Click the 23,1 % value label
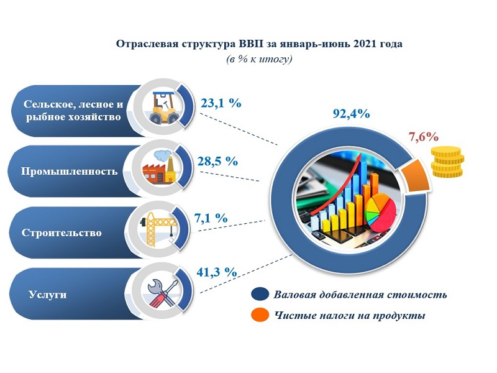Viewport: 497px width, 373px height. (x=221, y=103)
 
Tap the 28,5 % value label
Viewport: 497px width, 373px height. (x=217, y=161)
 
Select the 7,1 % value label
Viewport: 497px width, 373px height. (x=211, y=218)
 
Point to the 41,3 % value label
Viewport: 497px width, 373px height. (x=217, y=272)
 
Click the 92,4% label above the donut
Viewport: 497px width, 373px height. (x=351, y=114)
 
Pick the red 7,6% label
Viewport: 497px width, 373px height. (x=424, y=137)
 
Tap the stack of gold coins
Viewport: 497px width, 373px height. (x=447, y=162)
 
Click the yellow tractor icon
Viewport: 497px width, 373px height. (x=164, y=108)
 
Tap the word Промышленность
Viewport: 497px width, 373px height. (x=69, y=172)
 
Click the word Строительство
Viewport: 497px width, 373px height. (x=62, y=233)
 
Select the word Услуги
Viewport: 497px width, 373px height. (x=48, y=294)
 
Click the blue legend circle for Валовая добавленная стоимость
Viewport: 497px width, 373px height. (x=260, y=294)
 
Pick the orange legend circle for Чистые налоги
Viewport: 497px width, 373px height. (x=260, y=315)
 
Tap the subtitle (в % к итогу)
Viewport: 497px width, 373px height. (x=259, y=59)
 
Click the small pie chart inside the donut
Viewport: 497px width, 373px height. (x=380, y=212)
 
